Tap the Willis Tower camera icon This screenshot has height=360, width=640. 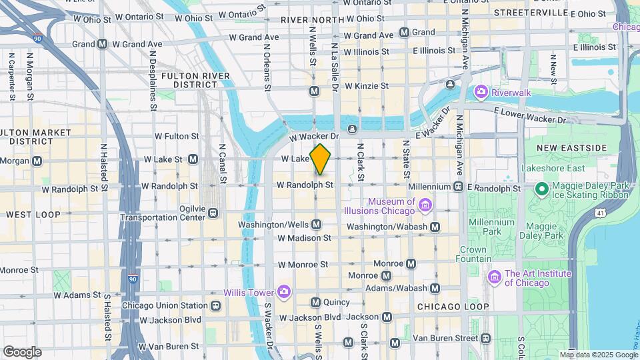(284, 291)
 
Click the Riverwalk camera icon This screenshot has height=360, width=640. (480, 92)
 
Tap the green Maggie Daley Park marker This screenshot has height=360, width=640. (542, 189)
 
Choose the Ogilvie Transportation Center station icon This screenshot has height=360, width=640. (213, 213)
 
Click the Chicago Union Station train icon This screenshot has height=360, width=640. (215, 306)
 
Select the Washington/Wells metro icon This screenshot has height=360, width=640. (316, 225)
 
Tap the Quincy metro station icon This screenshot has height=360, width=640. (316, 302)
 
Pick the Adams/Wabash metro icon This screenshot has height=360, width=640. (435, 288)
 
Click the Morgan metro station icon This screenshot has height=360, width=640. (37, 161)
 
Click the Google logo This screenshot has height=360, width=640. (21, 351)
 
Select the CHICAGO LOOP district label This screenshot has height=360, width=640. (449, 307)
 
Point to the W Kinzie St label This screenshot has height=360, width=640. (365, 86)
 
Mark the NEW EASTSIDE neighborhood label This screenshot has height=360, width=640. (565, 147)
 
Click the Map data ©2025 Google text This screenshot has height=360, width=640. (598, 355)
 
